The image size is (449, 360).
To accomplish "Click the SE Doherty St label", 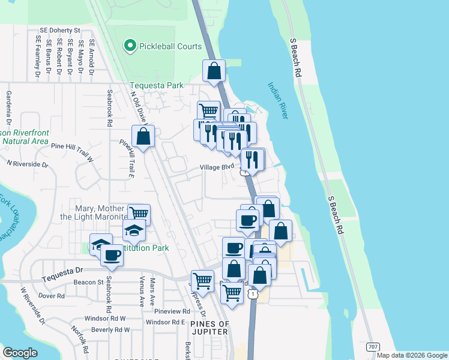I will click(x=59, y=30).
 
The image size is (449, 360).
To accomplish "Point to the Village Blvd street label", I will click(x=216, y=167).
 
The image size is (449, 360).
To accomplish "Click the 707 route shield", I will click(x=373, y=347).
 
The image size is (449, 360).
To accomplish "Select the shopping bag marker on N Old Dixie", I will click(x=143, y=137).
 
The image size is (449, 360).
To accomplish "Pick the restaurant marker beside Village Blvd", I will click(x=252, y=160).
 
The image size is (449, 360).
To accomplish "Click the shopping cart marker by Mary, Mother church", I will click(x=139, y=214).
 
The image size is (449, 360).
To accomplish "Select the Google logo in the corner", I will click(x=20, y=353).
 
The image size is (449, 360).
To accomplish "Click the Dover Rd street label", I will click(x=51, y=296).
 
